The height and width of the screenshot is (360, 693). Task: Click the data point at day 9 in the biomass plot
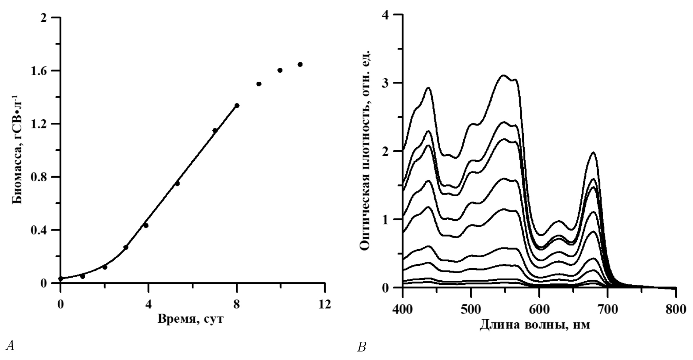(x=259, y=84)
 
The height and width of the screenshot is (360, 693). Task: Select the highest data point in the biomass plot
(x=300, y=64)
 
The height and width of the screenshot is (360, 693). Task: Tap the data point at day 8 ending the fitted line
(x=237, y=105)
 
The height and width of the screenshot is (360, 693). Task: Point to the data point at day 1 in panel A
(x=82, y=276)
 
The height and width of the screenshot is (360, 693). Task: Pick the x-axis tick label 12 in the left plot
(x=325, y=304)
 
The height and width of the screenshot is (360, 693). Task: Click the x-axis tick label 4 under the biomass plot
(x=149, y=304)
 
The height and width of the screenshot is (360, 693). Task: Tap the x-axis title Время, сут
(x=191, y=319)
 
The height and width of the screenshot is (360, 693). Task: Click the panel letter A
(x=10, y=346)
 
